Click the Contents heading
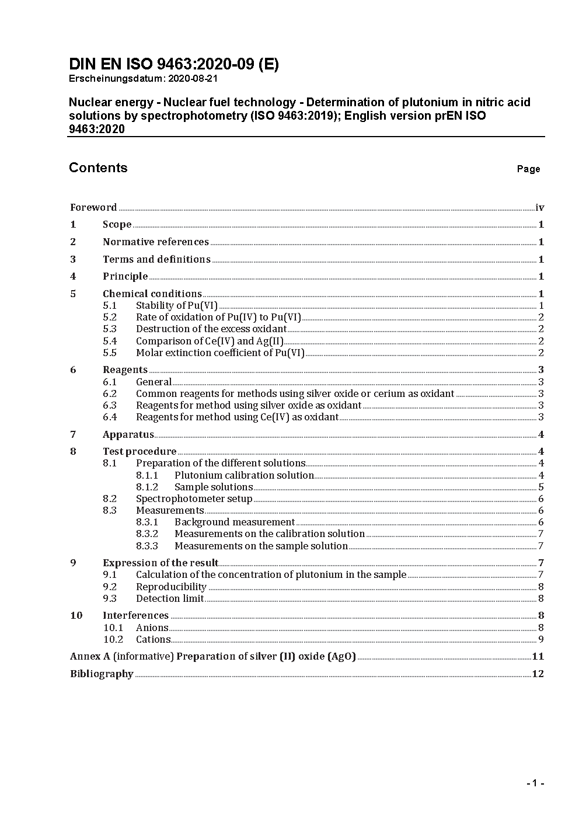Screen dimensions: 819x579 point(98,168)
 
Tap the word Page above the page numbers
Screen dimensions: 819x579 point(528,169)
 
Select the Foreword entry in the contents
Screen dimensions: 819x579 point(93,208)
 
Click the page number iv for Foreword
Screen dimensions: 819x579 point(540,208)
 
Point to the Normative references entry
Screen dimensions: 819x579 point(156,242)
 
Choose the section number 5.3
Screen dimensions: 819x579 point(110,329)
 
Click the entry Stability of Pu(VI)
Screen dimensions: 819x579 point(177,306)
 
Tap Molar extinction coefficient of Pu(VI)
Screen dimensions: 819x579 point(220,353)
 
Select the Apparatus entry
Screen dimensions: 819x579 point(128,435)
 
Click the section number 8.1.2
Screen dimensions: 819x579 point(147,487)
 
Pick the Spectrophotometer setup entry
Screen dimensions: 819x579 point(194,499)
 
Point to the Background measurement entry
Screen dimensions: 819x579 point(235,522)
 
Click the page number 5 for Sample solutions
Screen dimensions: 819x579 point(541,487)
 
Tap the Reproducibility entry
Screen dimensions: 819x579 point(171,587)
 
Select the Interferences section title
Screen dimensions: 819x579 point(135,616)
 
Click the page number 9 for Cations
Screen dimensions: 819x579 point(541,640)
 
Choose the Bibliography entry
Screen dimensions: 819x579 point(102,674)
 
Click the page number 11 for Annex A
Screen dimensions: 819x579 point(538,657)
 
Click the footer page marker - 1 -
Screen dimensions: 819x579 point(535,783)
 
